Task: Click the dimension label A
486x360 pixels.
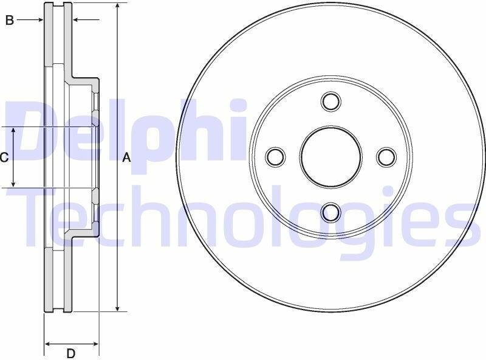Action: (x=126, y=157)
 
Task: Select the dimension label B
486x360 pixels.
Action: (x=10, y=20)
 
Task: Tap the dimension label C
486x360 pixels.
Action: (x=4, y=157)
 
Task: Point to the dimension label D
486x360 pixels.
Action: (x=71, y=353)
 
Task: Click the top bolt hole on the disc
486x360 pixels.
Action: (x=331, y=101)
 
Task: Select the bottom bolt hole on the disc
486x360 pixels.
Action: (x=331, y=213)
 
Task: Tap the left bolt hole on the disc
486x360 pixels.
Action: (x=275, y=157)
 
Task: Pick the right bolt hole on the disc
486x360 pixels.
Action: (x=386, y=157)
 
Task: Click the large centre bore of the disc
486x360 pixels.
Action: (x=331, y=157)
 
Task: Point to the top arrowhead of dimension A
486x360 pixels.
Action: (x=117, y=6)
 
